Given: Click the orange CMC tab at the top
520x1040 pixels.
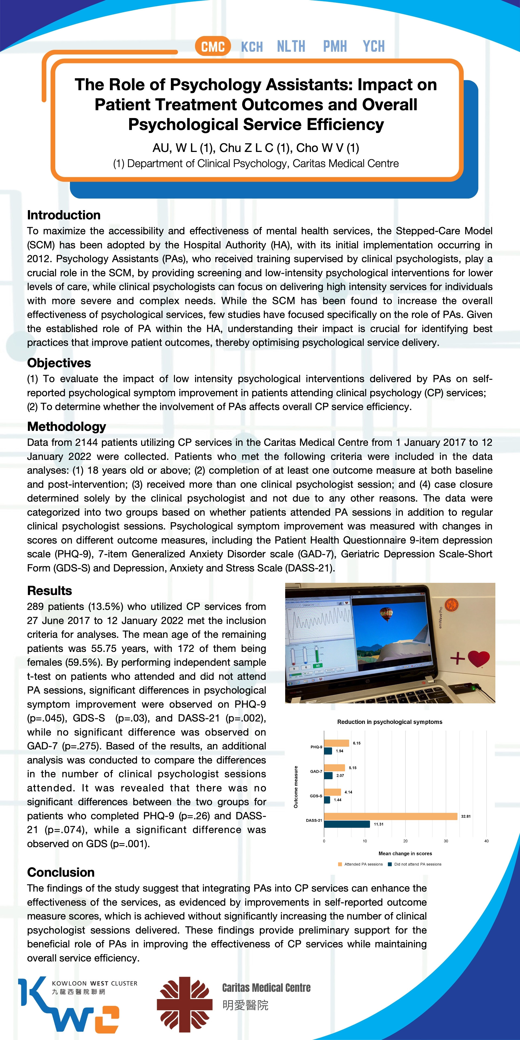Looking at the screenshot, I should click(x=213, y=46).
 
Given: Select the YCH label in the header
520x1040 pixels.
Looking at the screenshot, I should click(x=373, y=46).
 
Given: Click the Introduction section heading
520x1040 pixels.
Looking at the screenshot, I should click(x=64, y=215).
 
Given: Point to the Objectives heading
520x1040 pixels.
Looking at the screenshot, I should click(x=59, y=363).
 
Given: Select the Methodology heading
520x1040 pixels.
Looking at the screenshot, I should click(x=67, y=426).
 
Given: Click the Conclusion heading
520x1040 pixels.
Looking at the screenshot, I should click(x=61, y=872).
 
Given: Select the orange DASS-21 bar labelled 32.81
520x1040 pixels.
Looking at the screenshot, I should click(x=390, y=816).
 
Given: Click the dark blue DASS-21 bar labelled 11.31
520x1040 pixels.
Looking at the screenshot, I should click(x=347, y=824).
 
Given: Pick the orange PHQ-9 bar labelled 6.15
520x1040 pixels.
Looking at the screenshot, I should click(x=336, y=743).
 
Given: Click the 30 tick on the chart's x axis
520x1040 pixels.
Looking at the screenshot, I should click(x=446, y=841).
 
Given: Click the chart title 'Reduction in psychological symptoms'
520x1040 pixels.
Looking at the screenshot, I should click(x=390, y=722).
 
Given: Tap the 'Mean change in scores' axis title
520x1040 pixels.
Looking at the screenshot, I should click(x=405, y=853).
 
